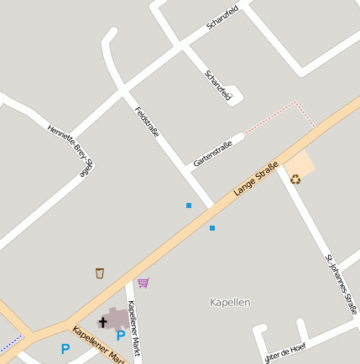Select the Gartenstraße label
click(x=212, y=152)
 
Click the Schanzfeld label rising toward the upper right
click(x=222, y=18)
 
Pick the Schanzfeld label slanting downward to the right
click(x=218, y=86)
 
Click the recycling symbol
click(x=295, y=178)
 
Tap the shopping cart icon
click(x=143, y=283)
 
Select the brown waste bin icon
click(x=100, y=273)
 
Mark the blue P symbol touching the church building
click(x=121, y=335)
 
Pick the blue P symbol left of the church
click(x=65, y=349)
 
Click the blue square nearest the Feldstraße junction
click(x=189, y=205)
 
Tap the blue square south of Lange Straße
click(x=212, y=228)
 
